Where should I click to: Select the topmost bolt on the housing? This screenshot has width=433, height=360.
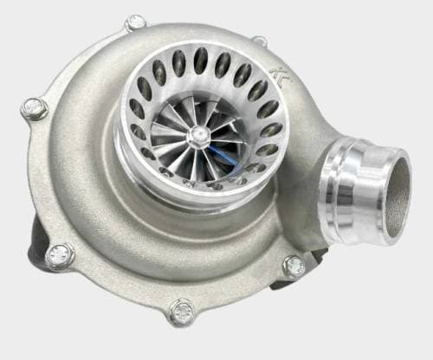(x=135, y=22)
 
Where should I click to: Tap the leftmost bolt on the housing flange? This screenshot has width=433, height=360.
(x=33, y=107)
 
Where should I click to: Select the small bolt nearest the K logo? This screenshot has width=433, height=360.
(x=260, y=40)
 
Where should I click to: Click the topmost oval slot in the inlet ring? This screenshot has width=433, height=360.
(x=201, y=60)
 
